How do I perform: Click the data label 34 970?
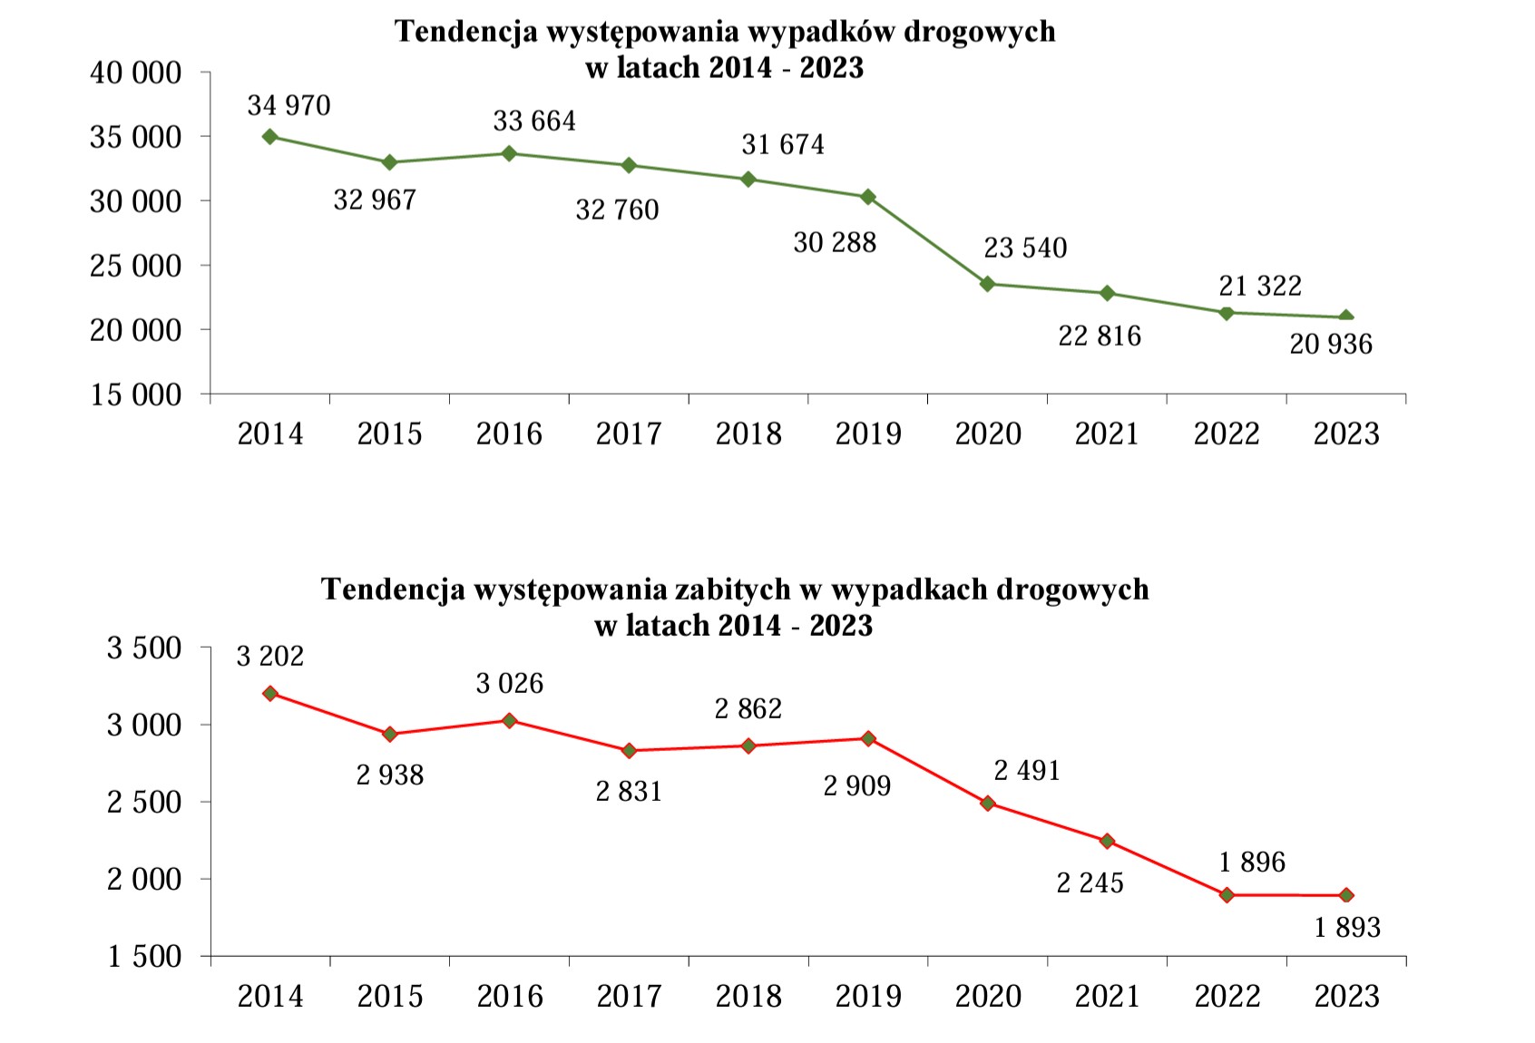click(288, 106)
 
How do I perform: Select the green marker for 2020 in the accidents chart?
click(988, 284)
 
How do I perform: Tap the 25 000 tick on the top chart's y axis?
click(135, 266)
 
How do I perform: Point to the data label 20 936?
click(1330, 345)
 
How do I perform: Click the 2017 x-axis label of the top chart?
click(629, 434)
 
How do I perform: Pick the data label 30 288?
click(835, 243)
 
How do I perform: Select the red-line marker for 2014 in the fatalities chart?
click(269, 693)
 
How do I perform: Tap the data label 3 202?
click(269, 656)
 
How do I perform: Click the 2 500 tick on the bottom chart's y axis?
click(144, 803)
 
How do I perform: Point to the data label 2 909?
click(856, 785)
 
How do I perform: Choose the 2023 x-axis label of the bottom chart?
click(1346, 996)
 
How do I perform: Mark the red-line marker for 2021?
click(1107, 841)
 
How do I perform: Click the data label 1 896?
click(1252, 862)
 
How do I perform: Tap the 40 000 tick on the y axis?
click(135, 73)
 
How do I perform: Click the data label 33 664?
click(533, 122)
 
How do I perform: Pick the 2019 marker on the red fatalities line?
click(868, 738)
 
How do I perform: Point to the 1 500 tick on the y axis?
click(144, 957)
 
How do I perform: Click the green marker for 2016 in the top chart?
click(509, 153)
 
